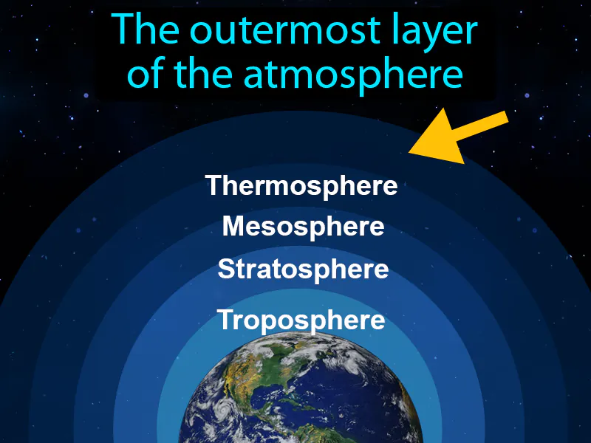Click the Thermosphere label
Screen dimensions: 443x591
coord(301,186)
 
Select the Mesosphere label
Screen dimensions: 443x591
coord(303,226)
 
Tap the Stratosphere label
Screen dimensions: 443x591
coord(303,269)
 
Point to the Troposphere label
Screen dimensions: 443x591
coord(301,320)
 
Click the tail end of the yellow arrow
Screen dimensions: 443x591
coord(505,118)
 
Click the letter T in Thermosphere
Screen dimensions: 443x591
coord(213,185)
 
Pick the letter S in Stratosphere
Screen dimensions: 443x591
coord(225,269)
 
